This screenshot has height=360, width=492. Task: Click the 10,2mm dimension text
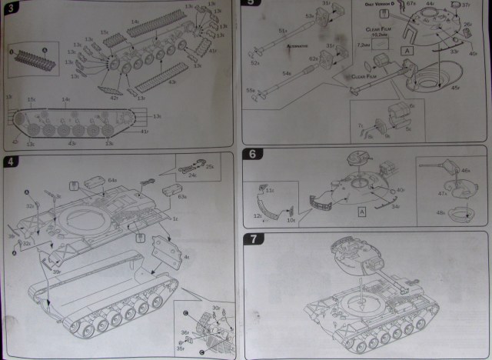point(377,35)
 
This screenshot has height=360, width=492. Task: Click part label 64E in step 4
point(111,181)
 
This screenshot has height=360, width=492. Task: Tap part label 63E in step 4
point(182,197)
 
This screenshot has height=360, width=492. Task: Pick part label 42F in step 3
point(113,98)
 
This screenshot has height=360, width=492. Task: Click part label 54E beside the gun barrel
point(286,72)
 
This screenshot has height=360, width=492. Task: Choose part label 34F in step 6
point(395,205)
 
